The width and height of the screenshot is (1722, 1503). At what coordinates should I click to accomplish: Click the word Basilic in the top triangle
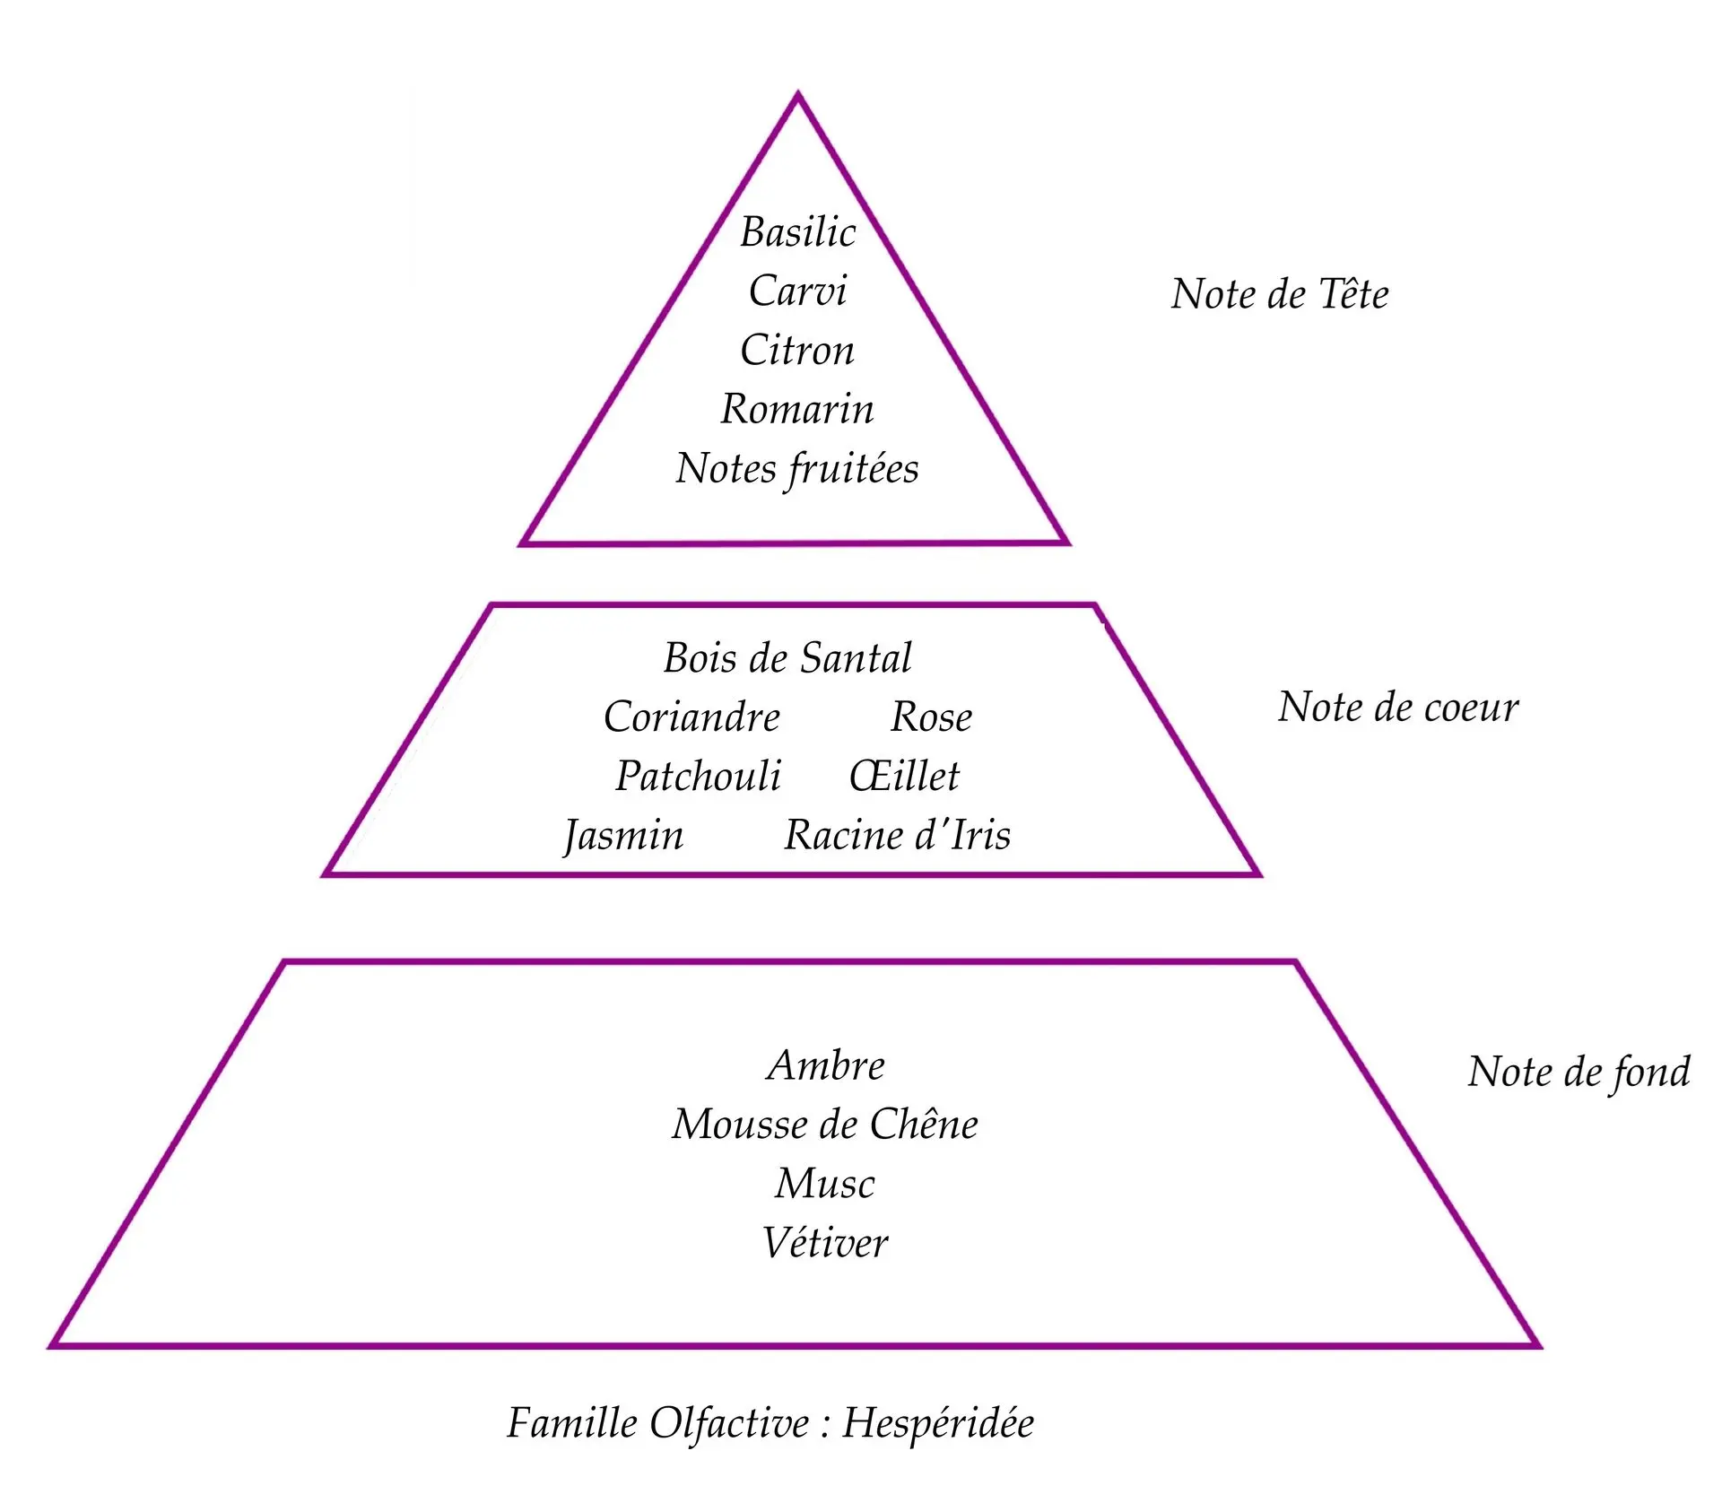pos(797,232)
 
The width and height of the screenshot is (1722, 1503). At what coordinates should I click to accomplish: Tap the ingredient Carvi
pos(797,291)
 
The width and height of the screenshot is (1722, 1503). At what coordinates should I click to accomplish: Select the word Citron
pos(797,350)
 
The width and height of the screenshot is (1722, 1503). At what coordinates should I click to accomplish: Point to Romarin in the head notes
pos(797,409)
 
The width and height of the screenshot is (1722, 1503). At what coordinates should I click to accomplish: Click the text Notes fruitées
pos(797,469)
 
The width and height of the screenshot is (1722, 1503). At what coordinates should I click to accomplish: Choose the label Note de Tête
pos(1280,294)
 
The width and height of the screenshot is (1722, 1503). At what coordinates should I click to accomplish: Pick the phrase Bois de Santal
pos(787,658)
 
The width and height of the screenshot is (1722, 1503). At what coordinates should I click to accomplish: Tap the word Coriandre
pos(691,717)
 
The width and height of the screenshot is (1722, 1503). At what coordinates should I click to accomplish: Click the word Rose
pos(931,717)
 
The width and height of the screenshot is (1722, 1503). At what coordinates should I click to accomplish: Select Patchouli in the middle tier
pos(698,777)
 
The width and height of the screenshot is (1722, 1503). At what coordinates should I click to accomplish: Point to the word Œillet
pos(904,777)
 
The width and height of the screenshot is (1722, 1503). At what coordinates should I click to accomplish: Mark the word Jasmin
pos(623,836)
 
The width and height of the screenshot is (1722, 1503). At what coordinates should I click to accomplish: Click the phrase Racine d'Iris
pos(897,836)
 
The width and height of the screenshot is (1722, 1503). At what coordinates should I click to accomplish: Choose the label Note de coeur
pos(1398,708)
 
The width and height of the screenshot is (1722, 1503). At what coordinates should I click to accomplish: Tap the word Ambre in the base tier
pos(826,1065)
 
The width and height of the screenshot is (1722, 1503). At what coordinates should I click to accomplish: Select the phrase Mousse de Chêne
pos(825,1125)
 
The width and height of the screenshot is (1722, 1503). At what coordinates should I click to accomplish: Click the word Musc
pos(825,1184)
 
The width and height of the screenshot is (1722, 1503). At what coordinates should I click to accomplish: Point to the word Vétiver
pos(825,1243)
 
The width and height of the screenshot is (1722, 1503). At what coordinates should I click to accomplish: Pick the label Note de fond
pos(1578,1073)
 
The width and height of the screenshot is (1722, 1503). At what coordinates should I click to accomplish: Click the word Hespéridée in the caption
pos(938,1423)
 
